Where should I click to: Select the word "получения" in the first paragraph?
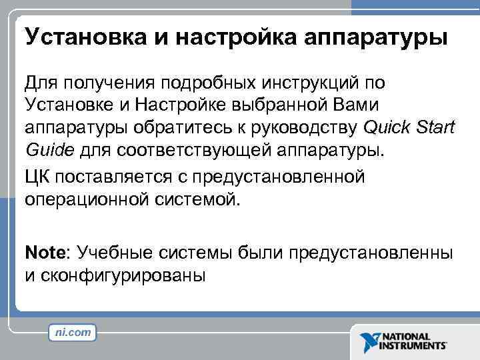pos(111,83)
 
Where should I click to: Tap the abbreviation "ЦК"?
pos(37,177)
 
